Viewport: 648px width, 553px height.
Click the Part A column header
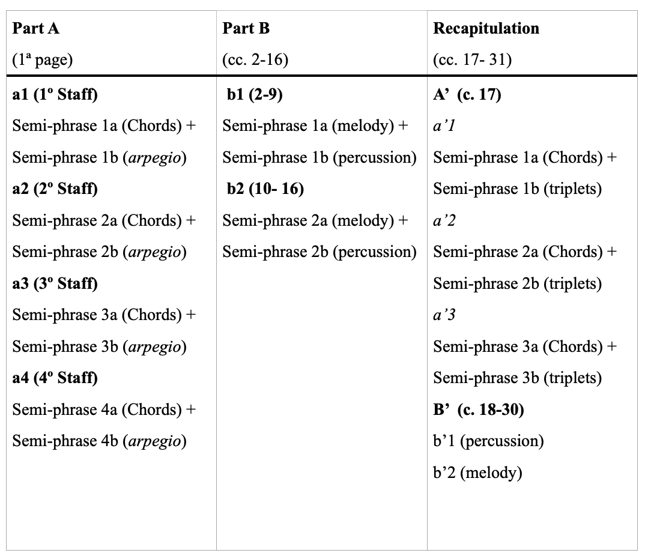click(x=36, y=28)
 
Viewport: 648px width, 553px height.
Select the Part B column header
click(x=246, y=28)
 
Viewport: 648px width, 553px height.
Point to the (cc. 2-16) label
click(x=255, y=60)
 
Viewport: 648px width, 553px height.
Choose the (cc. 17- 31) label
click(x=472, y=60)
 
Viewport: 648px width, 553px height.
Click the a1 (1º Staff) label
click(x=55, y=95)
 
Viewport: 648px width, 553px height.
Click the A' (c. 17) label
click(x=467, y=95)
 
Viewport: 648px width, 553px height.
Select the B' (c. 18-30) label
click(x=479, y=409)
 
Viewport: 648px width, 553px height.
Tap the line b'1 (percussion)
click(x=488, y=441)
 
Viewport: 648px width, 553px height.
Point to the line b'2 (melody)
click(x=477, y=473)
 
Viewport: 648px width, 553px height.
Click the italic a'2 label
click(x=444, y=220)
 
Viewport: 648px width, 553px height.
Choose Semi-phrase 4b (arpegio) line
click(x=100, y=441)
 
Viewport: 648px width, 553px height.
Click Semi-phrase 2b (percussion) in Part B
click(x=319, y=252)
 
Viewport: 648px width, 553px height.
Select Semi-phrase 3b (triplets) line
click(x=518, y=378)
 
